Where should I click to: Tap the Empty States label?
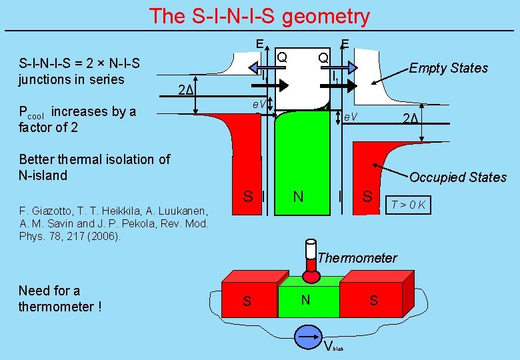[x=448, y=68]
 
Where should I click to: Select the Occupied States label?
[x=457, y=177]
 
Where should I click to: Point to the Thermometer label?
[x=357, y=258]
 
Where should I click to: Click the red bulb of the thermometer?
[x=311, y=275]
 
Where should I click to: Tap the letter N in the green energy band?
[x=298, y=196]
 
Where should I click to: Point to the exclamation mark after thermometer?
[x=99, y=307]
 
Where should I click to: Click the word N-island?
[x=43, y=175]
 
